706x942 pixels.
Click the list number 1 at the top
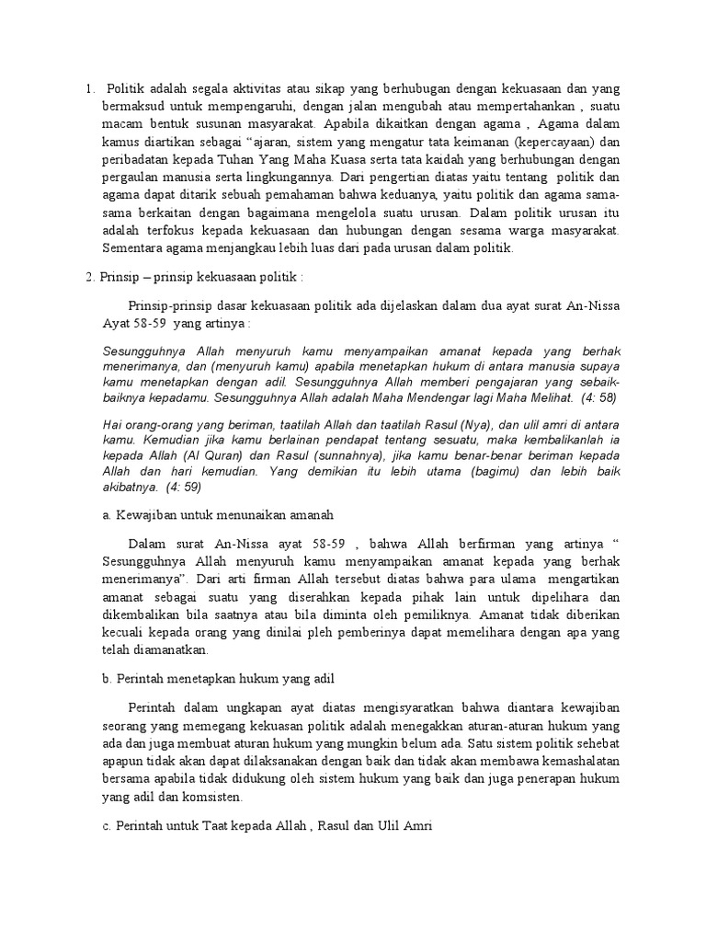point(88,89)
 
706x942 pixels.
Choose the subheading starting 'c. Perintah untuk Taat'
point(266,827)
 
